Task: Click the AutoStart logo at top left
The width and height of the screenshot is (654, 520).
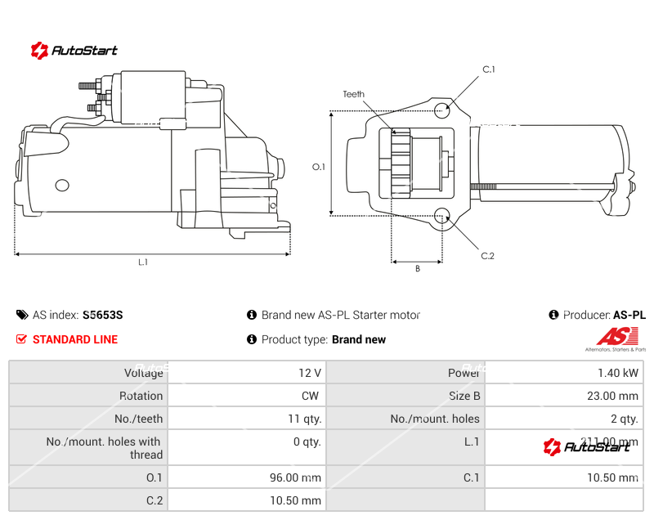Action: pyautogui.click(x=74, y=50)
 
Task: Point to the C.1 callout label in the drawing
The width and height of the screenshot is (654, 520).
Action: pyautogui.click(x=489, y=69)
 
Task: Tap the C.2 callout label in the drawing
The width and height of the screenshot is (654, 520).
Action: pyautogui.click(x=487, y=256)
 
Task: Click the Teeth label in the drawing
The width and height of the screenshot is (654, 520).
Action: pyautogui.click(x=353, y=95)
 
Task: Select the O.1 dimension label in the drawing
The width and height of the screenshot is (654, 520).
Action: pyautogui.click(x=319, y=167)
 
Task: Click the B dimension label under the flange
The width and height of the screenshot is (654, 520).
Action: pyautogui.click(x=417, y=268)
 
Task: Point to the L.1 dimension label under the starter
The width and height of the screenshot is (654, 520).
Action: pyautogui.click(x=142, y=262)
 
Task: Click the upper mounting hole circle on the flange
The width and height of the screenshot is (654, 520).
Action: pyautogui.click(x=442, y=110)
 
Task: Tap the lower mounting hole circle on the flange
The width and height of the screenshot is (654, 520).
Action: pyautogui.click(x=442, y=217)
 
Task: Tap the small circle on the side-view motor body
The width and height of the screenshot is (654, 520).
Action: pyautogui.click(x=62, y=185)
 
